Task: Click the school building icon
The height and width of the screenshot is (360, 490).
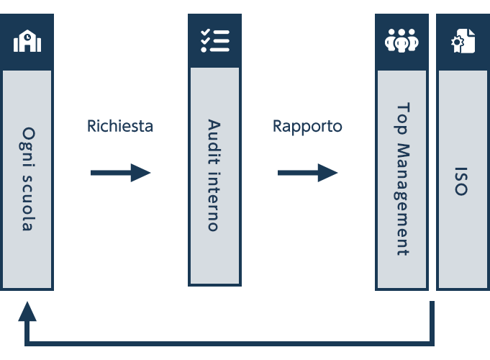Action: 27,41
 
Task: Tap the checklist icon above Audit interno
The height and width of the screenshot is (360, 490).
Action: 215,40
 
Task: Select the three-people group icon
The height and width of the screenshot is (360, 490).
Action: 401,40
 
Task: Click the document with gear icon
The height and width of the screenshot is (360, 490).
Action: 463,41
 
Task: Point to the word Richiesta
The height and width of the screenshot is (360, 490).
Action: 120,126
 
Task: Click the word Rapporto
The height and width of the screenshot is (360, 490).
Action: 307,127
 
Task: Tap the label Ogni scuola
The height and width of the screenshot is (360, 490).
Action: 27,179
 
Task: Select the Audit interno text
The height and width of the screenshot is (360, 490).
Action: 214,175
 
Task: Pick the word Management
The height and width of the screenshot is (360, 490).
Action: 402,199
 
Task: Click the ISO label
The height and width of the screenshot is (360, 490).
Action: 461,181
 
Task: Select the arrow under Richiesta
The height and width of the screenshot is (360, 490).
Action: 121,173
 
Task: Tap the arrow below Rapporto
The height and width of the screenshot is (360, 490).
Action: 308,173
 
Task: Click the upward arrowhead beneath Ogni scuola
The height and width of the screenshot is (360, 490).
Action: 27,312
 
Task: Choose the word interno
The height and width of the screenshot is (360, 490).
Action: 214,202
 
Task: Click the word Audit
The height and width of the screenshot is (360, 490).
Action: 214,142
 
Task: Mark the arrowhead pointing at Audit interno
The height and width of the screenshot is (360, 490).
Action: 140,173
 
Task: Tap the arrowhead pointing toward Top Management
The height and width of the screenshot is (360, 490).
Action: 328,173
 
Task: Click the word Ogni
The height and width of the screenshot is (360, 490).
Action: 27,147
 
